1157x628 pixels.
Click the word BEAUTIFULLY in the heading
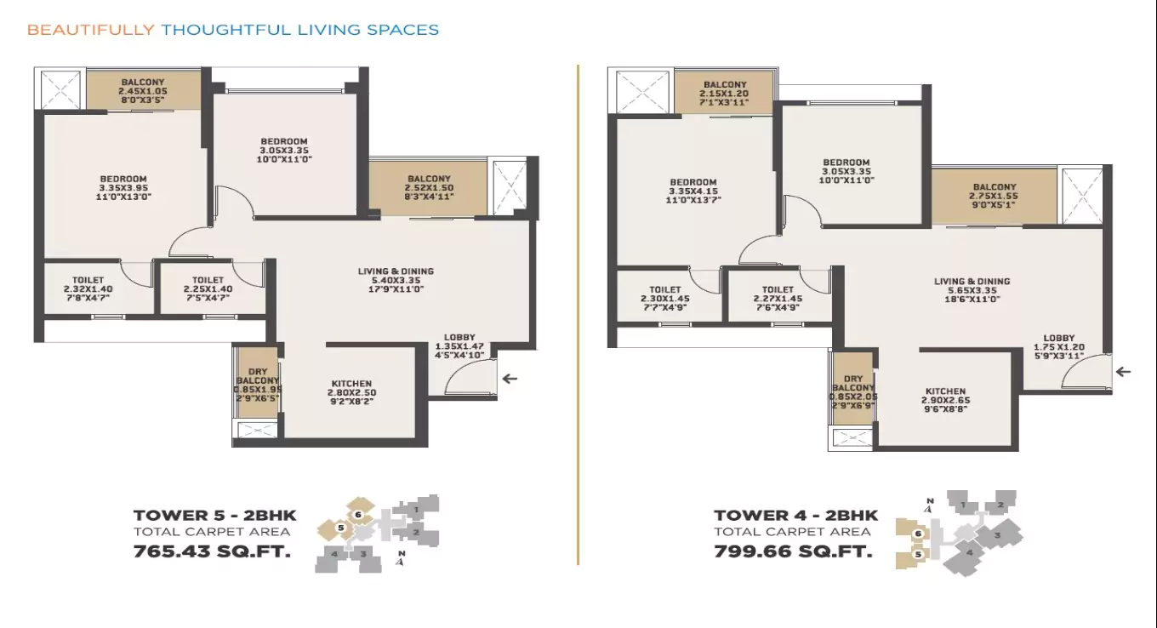[90, 30]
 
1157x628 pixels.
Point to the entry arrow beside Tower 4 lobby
[1123, 371]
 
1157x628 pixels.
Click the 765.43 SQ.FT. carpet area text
[212, 551]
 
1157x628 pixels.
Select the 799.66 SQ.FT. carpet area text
[793, 551]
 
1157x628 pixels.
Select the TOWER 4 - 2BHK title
[795, 515]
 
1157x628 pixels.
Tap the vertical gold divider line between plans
[578, 315]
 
